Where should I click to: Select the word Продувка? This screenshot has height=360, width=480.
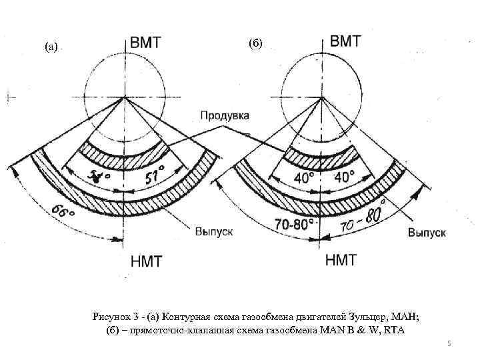point(225,116)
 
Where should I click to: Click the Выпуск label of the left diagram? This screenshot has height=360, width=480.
point(213,231)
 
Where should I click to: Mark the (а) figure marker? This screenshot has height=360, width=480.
point(51,47)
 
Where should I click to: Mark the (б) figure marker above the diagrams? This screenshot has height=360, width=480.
point(256,44)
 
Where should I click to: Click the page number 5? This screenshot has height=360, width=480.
point(449,343)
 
